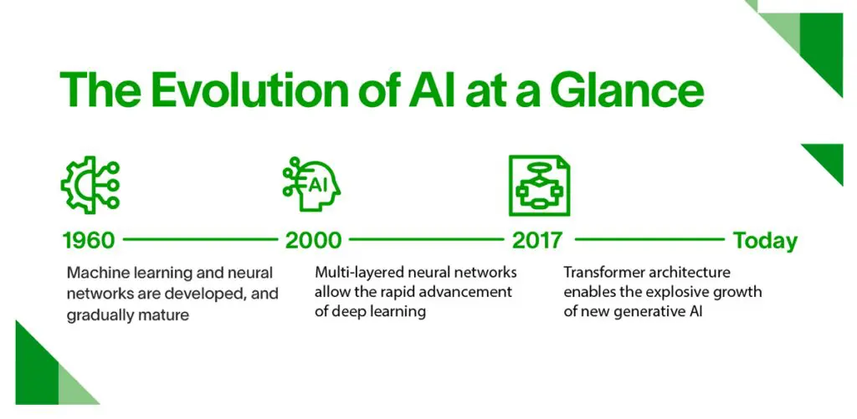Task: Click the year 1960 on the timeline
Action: tap(88, 241)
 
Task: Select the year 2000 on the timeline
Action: tap(313, 241)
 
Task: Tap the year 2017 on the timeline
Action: tap(536, 241)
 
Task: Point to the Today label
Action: tap(765, 241)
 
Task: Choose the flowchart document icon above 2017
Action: tap(539, 185)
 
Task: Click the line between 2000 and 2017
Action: tap(426, 240)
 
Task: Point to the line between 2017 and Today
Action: tap(649, 240)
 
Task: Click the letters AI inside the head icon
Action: tap(317, 184)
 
